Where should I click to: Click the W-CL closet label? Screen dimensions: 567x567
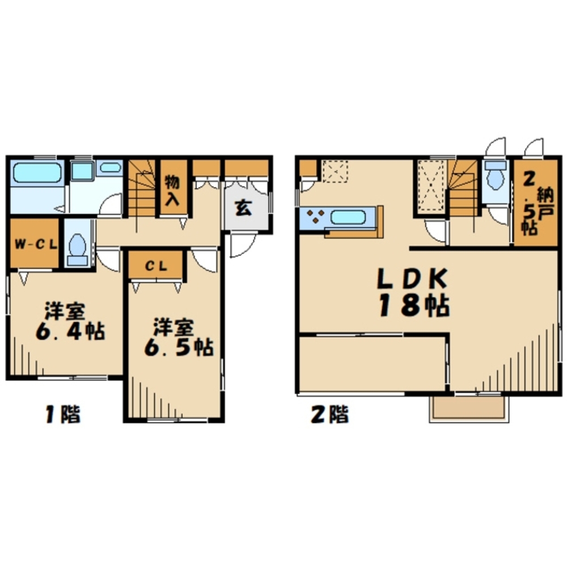tap(36, 244)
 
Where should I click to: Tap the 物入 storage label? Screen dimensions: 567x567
tap(172, 191)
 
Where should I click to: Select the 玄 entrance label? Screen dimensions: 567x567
tap(243, 208)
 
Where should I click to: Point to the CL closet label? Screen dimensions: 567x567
tap(156, 266)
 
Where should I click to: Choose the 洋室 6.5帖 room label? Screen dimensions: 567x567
tap(179, 337)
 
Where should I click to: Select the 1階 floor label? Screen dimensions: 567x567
tap(62, 414)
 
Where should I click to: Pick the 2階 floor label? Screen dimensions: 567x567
tap(330, 414)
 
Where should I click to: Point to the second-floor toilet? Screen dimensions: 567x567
tap(496, 175)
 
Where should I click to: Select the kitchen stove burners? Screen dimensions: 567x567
tap(315, 216)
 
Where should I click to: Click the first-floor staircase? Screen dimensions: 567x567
tap(142, 188)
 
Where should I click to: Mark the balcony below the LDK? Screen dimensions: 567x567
tap(469, 408)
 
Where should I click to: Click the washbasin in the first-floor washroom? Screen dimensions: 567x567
tap(110, 167)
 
